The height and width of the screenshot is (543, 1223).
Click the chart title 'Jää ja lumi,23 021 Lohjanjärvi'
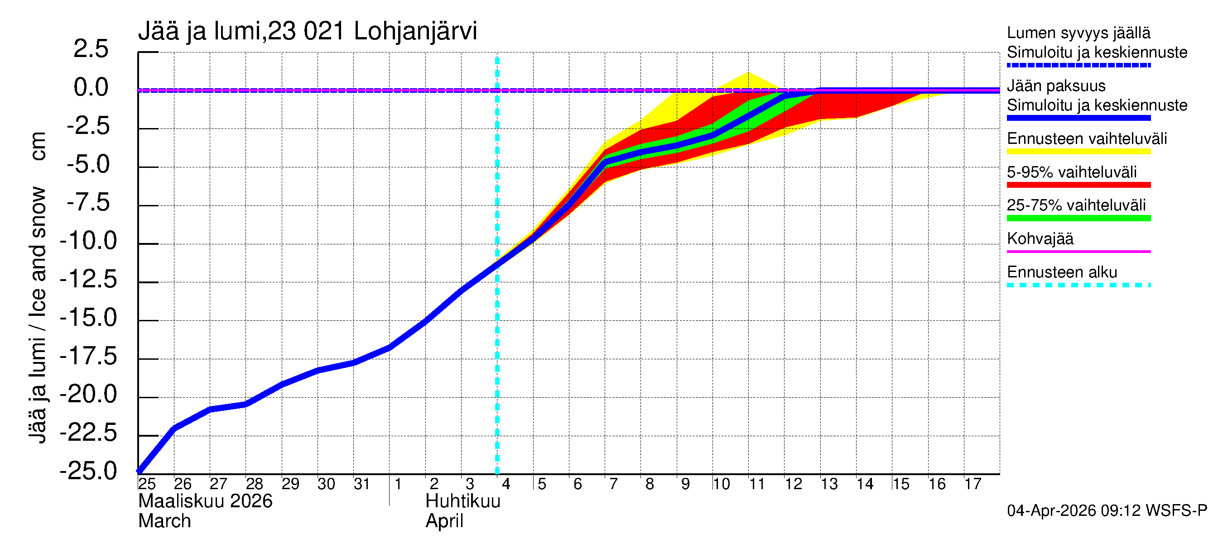point(307,31)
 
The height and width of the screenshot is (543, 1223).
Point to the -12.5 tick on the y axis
point(88,279)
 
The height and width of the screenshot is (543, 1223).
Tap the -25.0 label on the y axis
point(88,471)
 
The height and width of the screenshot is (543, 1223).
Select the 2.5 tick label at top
point(91,49)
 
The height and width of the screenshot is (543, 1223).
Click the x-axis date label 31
point(362,484)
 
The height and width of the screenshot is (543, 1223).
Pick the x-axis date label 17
point(973,484)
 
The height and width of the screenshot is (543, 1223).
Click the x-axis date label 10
point(721,484)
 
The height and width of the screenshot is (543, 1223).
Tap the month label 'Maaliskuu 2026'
point(205,501)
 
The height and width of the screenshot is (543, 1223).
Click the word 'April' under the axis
point(444,521)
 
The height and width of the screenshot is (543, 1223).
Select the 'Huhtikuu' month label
point(462,501)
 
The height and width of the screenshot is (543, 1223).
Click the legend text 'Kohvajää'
point(1040,238)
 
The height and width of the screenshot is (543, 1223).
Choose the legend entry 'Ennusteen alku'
point(1062,272)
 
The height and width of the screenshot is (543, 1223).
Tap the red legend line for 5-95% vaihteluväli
point(1078,185)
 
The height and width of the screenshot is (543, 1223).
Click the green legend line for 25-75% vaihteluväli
point(1078,218)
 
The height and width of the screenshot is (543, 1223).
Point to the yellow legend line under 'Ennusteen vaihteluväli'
point(1078,152)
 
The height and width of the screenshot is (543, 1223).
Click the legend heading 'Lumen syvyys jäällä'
point(1078,33)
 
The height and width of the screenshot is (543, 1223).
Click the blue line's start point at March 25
point(139,472)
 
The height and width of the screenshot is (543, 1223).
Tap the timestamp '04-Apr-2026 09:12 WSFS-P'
point(1107,511)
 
